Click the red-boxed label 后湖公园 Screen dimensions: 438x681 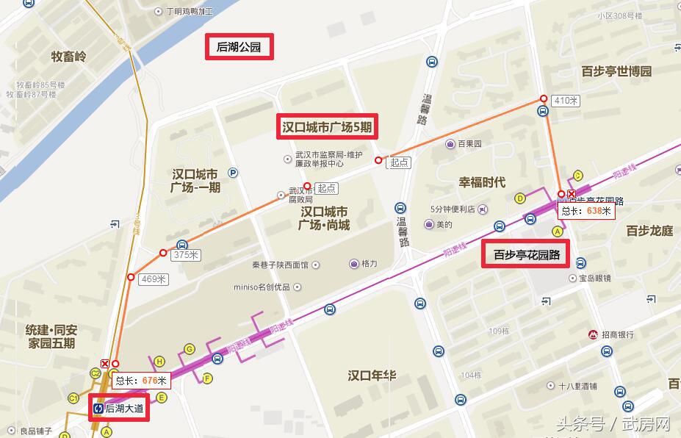pos(239,48)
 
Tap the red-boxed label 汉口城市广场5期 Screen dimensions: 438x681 pos(327,127)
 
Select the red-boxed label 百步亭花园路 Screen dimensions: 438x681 pos(526,255)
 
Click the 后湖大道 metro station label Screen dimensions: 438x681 pos(119,407)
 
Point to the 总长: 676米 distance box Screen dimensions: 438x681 pos(142,380)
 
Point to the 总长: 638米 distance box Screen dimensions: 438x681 pos(585,211)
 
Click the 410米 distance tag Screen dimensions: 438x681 pos(566,100)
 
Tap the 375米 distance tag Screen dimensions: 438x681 pos(185,255)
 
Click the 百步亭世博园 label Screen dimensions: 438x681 pos(616,71)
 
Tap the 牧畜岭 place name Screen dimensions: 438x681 pos(68,57)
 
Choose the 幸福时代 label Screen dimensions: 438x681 pos(482,182)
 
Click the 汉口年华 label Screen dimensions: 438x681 pos(372,376)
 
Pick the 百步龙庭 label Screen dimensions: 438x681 pos(649,231)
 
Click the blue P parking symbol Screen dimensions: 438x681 pos(233,173)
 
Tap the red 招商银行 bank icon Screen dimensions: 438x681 pos(593,335)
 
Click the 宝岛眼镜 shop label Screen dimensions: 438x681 pos(594,279)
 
